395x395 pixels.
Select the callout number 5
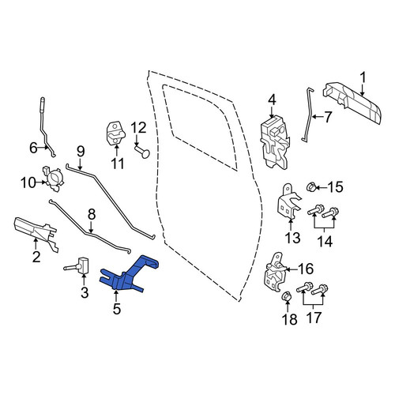click(117, 309)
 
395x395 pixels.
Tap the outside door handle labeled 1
click(353, 103)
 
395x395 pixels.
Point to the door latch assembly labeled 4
click(275, 142)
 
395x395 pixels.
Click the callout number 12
click(138, 129)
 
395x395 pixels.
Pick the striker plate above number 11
click(116, 133)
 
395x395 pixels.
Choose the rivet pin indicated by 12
click(143, 152)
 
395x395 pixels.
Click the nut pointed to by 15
click(310, 187)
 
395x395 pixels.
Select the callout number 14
click(325, 241)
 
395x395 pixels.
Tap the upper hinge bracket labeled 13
click(288, 202)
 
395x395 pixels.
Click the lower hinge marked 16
click(275, 272)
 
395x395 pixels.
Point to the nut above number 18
click(287, 297)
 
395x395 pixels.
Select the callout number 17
click(314, 318)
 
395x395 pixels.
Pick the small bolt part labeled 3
click(77, 266)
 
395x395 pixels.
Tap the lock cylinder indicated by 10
click(53, 178)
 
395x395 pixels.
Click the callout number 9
click(81, 152)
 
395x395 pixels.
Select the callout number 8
click(92, 215)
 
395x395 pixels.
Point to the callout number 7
click(327, 117)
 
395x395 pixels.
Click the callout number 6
click(33, 148)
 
